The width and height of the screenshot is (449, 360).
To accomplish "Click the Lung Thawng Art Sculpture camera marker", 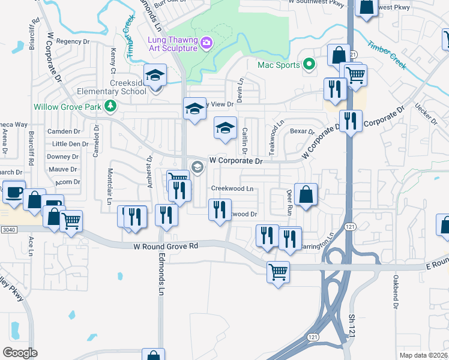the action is tap(206, 43).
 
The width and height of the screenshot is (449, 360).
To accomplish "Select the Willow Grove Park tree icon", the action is tap(110, 107).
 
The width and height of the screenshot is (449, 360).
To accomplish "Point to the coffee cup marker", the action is tap(14, 193).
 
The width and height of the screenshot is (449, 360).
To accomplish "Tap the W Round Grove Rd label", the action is tap(166, 246).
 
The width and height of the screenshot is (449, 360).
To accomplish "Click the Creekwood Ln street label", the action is tap(232, 188).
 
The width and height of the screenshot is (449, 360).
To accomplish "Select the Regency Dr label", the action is tap(73, 41).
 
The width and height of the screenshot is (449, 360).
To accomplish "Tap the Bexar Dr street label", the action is tap(302, 131).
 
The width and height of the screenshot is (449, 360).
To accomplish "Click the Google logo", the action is tap(20, 352).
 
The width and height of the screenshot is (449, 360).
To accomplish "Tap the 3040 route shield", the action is tap(8, 229).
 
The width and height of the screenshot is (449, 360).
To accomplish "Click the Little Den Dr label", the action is tap(70, 144).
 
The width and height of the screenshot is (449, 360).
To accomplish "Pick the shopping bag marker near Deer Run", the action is tap(306, 195).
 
